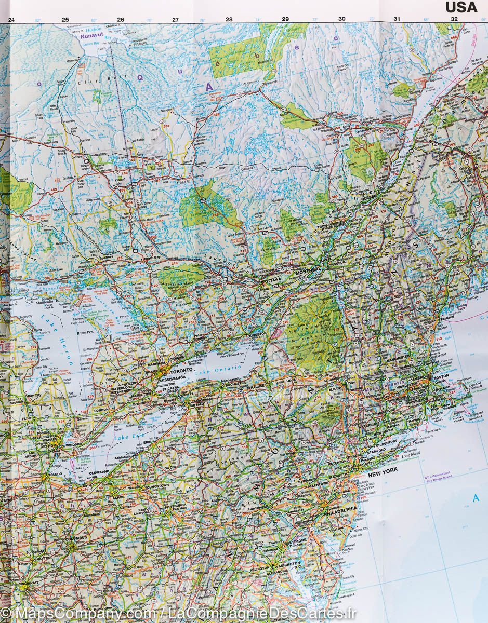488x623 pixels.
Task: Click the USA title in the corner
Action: [x=461, y=7]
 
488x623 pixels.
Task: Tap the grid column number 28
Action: [x=229, y=20]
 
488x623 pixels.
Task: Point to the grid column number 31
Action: [x=397, y=19]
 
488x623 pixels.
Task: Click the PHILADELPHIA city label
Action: [x=340, y=508]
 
